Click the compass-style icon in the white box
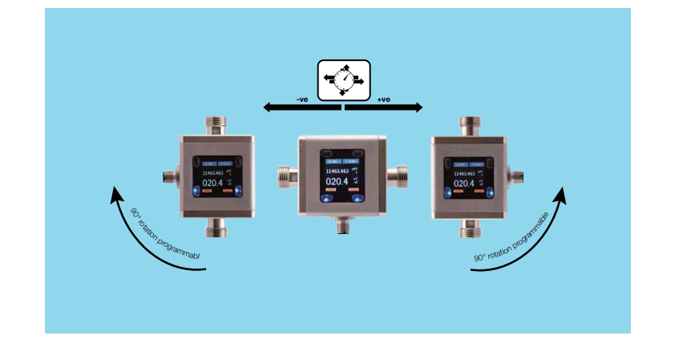(343, 79)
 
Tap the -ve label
(302, 99)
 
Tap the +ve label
(383, 99)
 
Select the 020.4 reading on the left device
(213, 183)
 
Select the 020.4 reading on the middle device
(337, 182)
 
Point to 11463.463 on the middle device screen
(337, 171)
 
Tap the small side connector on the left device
(171, 176)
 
